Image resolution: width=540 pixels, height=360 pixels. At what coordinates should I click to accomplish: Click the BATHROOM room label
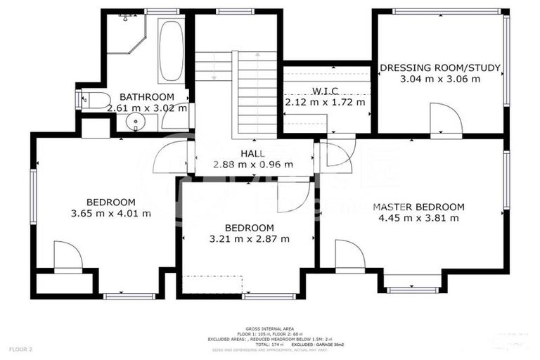[x=146, y=97]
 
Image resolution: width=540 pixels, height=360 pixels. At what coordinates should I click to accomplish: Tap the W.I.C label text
[x=326, y=91]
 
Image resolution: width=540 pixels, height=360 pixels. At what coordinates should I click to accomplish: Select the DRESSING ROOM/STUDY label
[x=440, y=68]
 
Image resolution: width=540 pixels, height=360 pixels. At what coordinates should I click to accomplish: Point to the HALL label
[x=252, y=153]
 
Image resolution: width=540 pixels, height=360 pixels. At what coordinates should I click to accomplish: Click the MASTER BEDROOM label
[x=418, y=207]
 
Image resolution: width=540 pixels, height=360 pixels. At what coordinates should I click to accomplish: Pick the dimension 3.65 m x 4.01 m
[x=111, y=213]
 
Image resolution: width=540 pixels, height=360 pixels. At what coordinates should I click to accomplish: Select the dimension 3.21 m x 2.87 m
[x=249, y=238]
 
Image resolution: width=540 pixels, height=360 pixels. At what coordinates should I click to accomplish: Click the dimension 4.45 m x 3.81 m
[x=418, y=218]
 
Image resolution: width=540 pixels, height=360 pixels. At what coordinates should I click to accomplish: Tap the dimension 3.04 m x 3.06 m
[x=440, y=79]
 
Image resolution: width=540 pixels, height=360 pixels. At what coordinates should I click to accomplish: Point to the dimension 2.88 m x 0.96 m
[x=253, y=165]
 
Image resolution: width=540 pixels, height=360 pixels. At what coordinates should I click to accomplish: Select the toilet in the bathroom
[x=94, y=99]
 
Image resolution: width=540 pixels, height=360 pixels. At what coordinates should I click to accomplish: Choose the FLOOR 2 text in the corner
[x=20, y=349]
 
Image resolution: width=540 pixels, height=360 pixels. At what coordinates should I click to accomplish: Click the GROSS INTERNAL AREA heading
[x=269, y=328]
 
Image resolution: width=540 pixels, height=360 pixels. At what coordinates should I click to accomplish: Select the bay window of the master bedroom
[x=413, y=281]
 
